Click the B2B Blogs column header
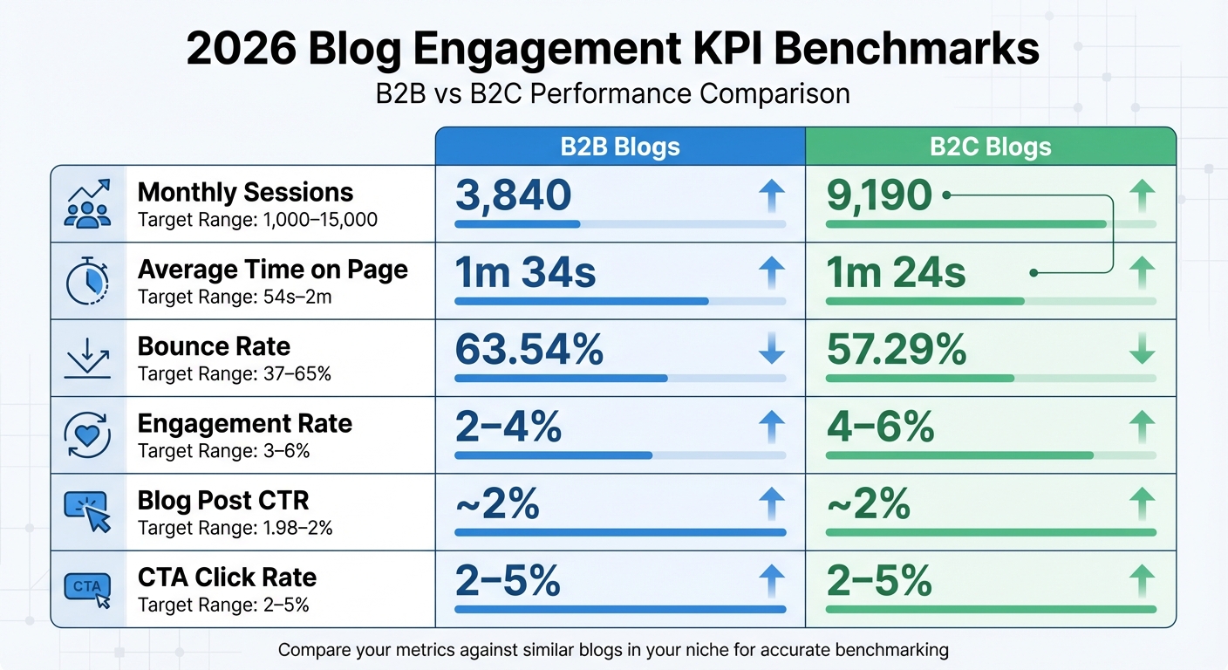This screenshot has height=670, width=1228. [x=619, y=147]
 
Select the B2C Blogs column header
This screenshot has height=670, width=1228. [x=990, y=147]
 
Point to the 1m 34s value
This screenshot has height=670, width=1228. [x=525, y=273]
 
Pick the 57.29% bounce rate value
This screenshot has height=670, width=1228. [x=896, y=350]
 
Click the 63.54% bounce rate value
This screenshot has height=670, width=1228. [x=529, y=350]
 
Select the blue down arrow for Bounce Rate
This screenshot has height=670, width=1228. [x=772, y=350]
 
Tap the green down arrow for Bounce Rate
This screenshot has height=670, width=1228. [x=1142, y=350]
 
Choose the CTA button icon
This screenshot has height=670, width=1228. [x=87, y=588]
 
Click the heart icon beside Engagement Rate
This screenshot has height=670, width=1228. [x=87, y=435]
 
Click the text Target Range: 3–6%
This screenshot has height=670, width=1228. [x=223, y=451]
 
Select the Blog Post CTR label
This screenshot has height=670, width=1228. [x=222, y=501]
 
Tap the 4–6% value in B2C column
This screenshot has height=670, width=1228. [x=879, y=427]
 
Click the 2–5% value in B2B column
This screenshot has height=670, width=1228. [x=508, y=580]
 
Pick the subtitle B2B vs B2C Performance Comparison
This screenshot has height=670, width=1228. [x=612, y=93]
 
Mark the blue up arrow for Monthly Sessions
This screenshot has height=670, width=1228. [x=772, y=196]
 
